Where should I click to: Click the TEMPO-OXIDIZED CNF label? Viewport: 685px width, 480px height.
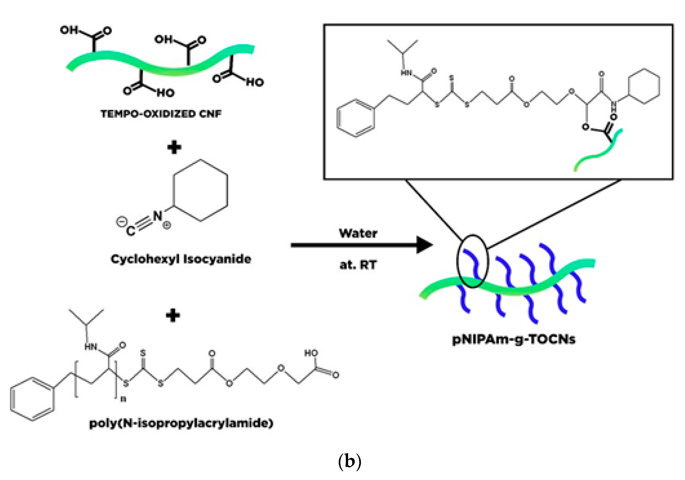tap(161, 114)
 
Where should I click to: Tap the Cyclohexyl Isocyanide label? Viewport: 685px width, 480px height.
tap(181, 259)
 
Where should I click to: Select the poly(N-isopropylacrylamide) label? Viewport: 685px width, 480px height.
tap(181, 423)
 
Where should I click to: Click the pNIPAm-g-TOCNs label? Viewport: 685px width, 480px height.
tap(514, 339)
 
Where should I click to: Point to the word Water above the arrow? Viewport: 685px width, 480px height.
tap(358, 233)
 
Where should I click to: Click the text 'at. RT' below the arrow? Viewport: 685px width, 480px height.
tap(358, 265)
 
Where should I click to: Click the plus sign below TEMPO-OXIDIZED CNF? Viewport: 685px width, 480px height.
tap(174, 147)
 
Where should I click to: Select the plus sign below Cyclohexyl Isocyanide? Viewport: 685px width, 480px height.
tap(173, 315)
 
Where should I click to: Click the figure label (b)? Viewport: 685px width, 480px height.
tap(350, 461)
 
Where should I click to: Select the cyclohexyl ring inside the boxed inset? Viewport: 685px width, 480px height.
tap(644, 87)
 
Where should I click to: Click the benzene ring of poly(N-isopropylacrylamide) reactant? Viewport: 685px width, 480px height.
tap(32, 399)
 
